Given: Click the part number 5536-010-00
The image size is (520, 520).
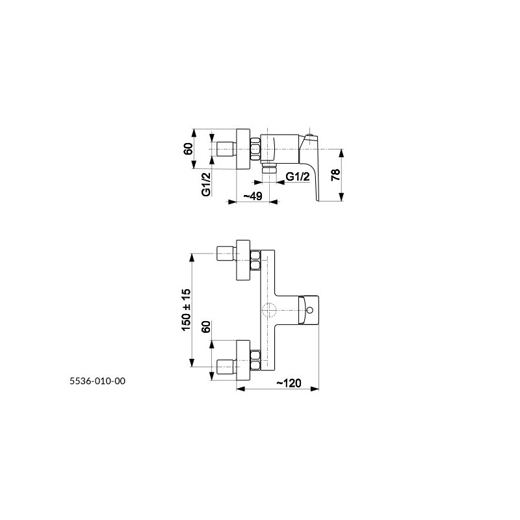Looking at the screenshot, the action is (97, 381).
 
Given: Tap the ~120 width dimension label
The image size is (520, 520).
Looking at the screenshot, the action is (289, 383).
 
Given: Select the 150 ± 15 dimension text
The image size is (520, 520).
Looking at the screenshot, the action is (187, 310).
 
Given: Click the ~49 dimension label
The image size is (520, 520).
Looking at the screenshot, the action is (253, 196).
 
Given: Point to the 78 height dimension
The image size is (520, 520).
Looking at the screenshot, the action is (336, 174).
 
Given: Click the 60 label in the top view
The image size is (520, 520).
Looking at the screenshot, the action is (188, 149).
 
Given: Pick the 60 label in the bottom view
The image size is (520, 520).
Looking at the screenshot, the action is (206, 327).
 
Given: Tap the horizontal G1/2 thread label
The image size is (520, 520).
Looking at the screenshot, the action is (298, 176).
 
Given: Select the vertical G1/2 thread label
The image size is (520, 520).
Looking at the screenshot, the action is (206, 185).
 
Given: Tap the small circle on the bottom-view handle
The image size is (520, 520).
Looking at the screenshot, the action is (310, 311).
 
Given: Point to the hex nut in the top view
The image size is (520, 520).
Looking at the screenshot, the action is (255, 149).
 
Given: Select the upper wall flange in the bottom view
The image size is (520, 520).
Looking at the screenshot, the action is (243, 260).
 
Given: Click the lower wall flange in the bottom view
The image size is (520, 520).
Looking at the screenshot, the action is (243, 361).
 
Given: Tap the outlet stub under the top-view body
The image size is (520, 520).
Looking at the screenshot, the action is (269, 168).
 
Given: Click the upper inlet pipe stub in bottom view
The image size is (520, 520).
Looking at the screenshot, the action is (226, 254).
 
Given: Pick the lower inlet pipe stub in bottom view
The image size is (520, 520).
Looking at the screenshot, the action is (226, 367).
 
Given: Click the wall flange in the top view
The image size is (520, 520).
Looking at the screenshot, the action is (243, 149).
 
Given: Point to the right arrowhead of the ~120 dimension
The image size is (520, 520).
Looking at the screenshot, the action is (315, 389).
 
